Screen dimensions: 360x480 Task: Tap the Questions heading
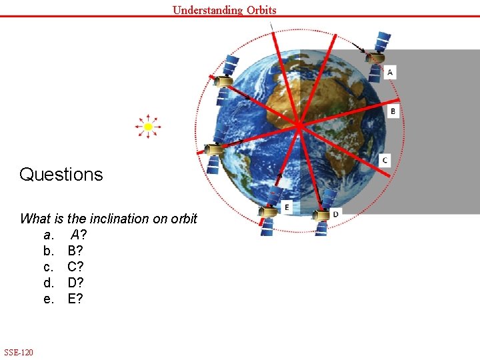61,175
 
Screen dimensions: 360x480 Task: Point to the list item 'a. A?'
65,235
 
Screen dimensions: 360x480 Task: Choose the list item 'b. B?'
64,251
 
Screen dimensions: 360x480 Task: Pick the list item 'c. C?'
64,267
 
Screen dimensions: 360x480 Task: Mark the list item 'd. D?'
64,283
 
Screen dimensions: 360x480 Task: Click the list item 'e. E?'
64,299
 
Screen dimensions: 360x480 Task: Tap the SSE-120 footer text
19,352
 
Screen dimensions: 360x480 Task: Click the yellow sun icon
148,126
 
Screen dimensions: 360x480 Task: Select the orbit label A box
390,72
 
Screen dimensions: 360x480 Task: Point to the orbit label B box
393,111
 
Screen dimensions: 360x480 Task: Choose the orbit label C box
385,160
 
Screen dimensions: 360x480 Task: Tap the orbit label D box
335,213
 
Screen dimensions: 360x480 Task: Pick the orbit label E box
287,207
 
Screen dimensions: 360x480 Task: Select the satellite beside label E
267,217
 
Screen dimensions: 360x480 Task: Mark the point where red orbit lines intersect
299,125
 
